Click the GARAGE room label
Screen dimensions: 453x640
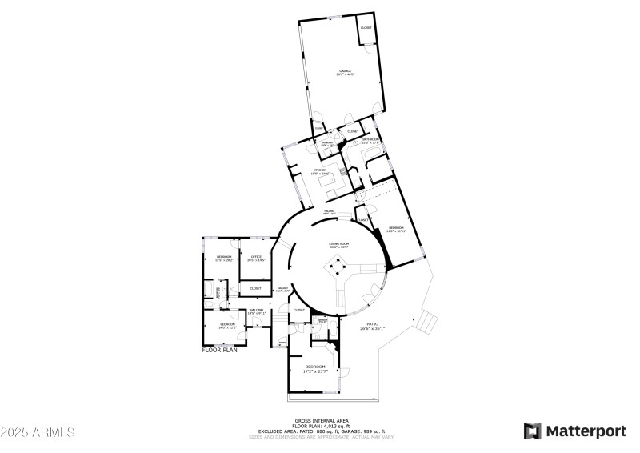tap(346, 71)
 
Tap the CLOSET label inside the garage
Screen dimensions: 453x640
tap(366, 28)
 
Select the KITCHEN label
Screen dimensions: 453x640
tap(320, 170)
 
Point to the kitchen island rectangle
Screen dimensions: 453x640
tap(330, 183)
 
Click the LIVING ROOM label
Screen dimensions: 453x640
tap(340, 244)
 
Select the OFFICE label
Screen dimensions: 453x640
tap(256, 256)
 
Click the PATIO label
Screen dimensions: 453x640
tap(373, 324)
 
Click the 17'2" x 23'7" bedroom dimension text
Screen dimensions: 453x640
tap(315, 371)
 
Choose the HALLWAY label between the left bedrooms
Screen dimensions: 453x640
tap(256, 310)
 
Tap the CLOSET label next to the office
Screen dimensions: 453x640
tap(255, 288)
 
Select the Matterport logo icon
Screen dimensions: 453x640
tap(532, 431)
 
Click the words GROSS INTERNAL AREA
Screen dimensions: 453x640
tap(319, 419)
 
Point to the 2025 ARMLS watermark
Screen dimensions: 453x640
tap(38, 432)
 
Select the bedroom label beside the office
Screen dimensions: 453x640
tap(223, 256)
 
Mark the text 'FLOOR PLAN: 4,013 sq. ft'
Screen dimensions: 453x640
tap(319, 426)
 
